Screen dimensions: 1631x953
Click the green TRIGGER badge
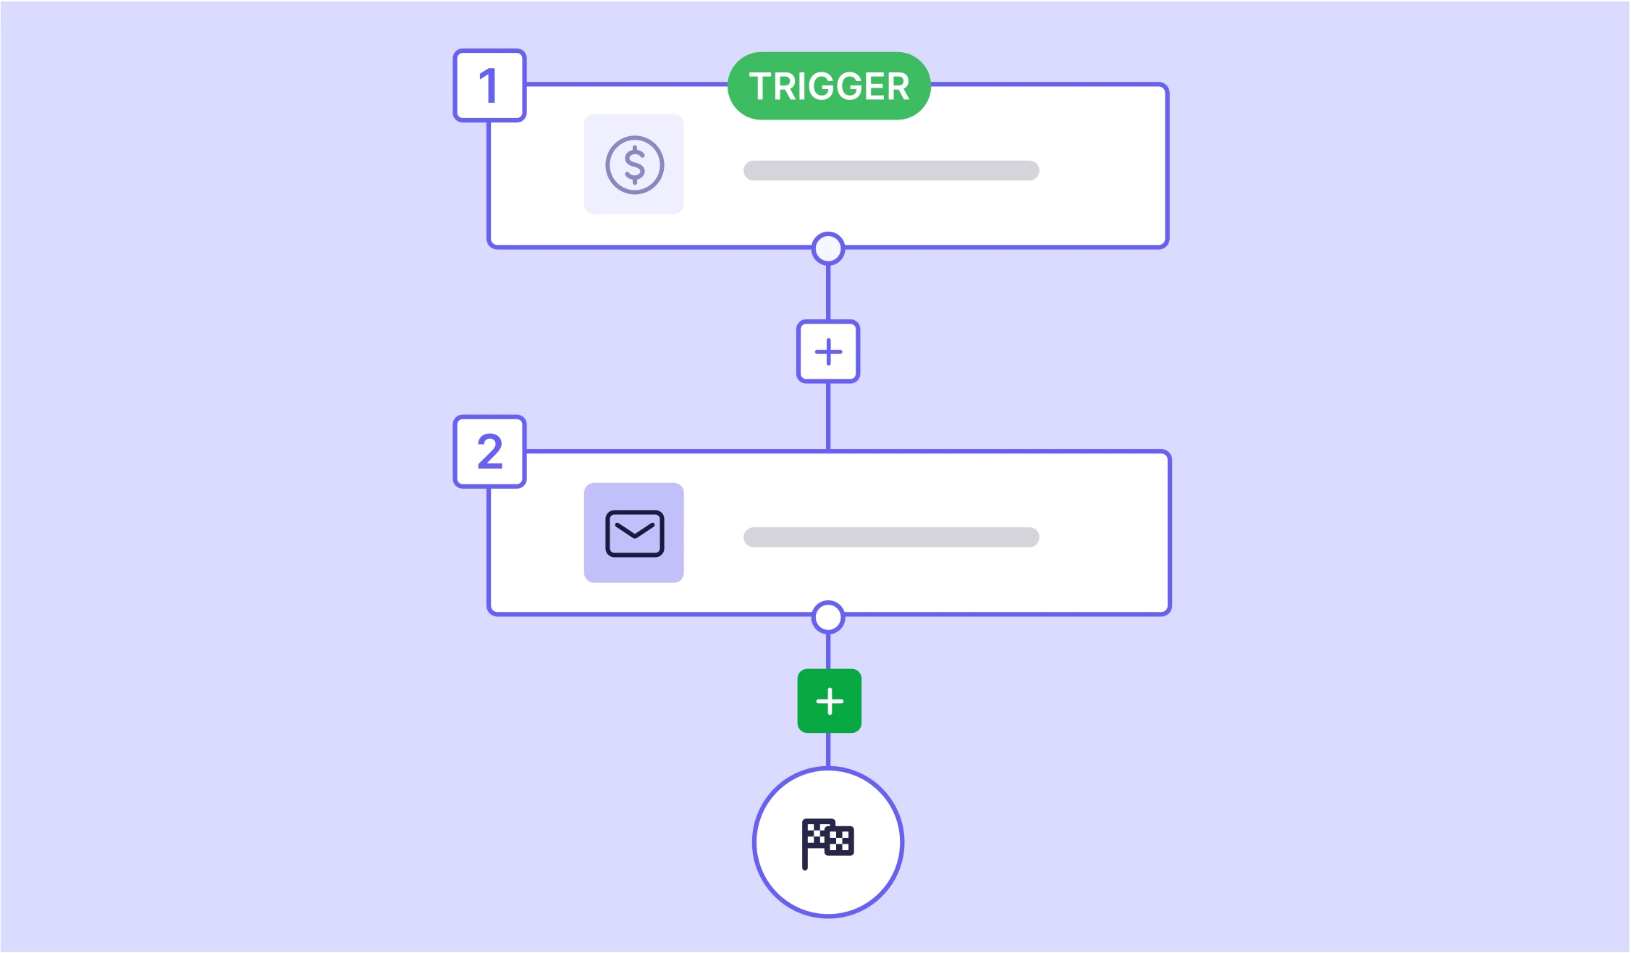(x=829, y=86)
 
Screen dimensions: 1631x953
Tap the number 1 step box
(x=489, y=85)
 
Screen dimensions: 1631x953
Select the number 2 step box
(x=489, y=452)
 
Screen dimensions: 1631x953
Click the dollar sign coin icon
(x=634, y=164)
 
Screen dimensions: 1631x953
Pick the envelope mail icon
(x=634, y=534)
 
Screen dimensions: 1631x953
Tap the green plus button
(x=830, y=701)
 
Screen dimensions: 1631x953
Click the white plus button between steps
(x=828, y=352)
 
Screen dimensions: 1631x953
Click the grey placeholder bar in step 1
(x=891, y=171)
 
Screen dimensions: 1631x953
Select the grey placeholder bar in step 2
(x=891, y=537)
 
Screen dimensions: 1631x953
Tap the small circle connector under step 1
(x=828, y=248)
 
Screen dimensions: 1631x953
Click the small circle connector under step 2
(x=828, y=617)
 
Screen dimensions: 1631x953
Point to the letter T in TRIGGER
(x=761, y=87)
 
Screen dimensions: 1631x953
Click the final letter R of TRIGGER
(x=897, y=87)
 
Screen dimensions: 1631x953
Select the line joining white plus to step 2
(x=828, y=417)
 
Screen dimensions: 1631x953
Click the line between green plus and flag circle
(x=828, y=750)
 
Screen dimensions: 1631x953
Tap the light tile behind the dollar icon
(x=634, y=164)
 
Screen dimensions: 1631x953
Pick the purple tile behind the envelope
(x=634, y=533)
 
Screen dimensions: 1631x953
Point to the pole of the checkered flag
(x=805, y=845)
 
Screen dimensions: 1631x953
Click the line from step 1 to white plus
(x=828, y=293)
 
